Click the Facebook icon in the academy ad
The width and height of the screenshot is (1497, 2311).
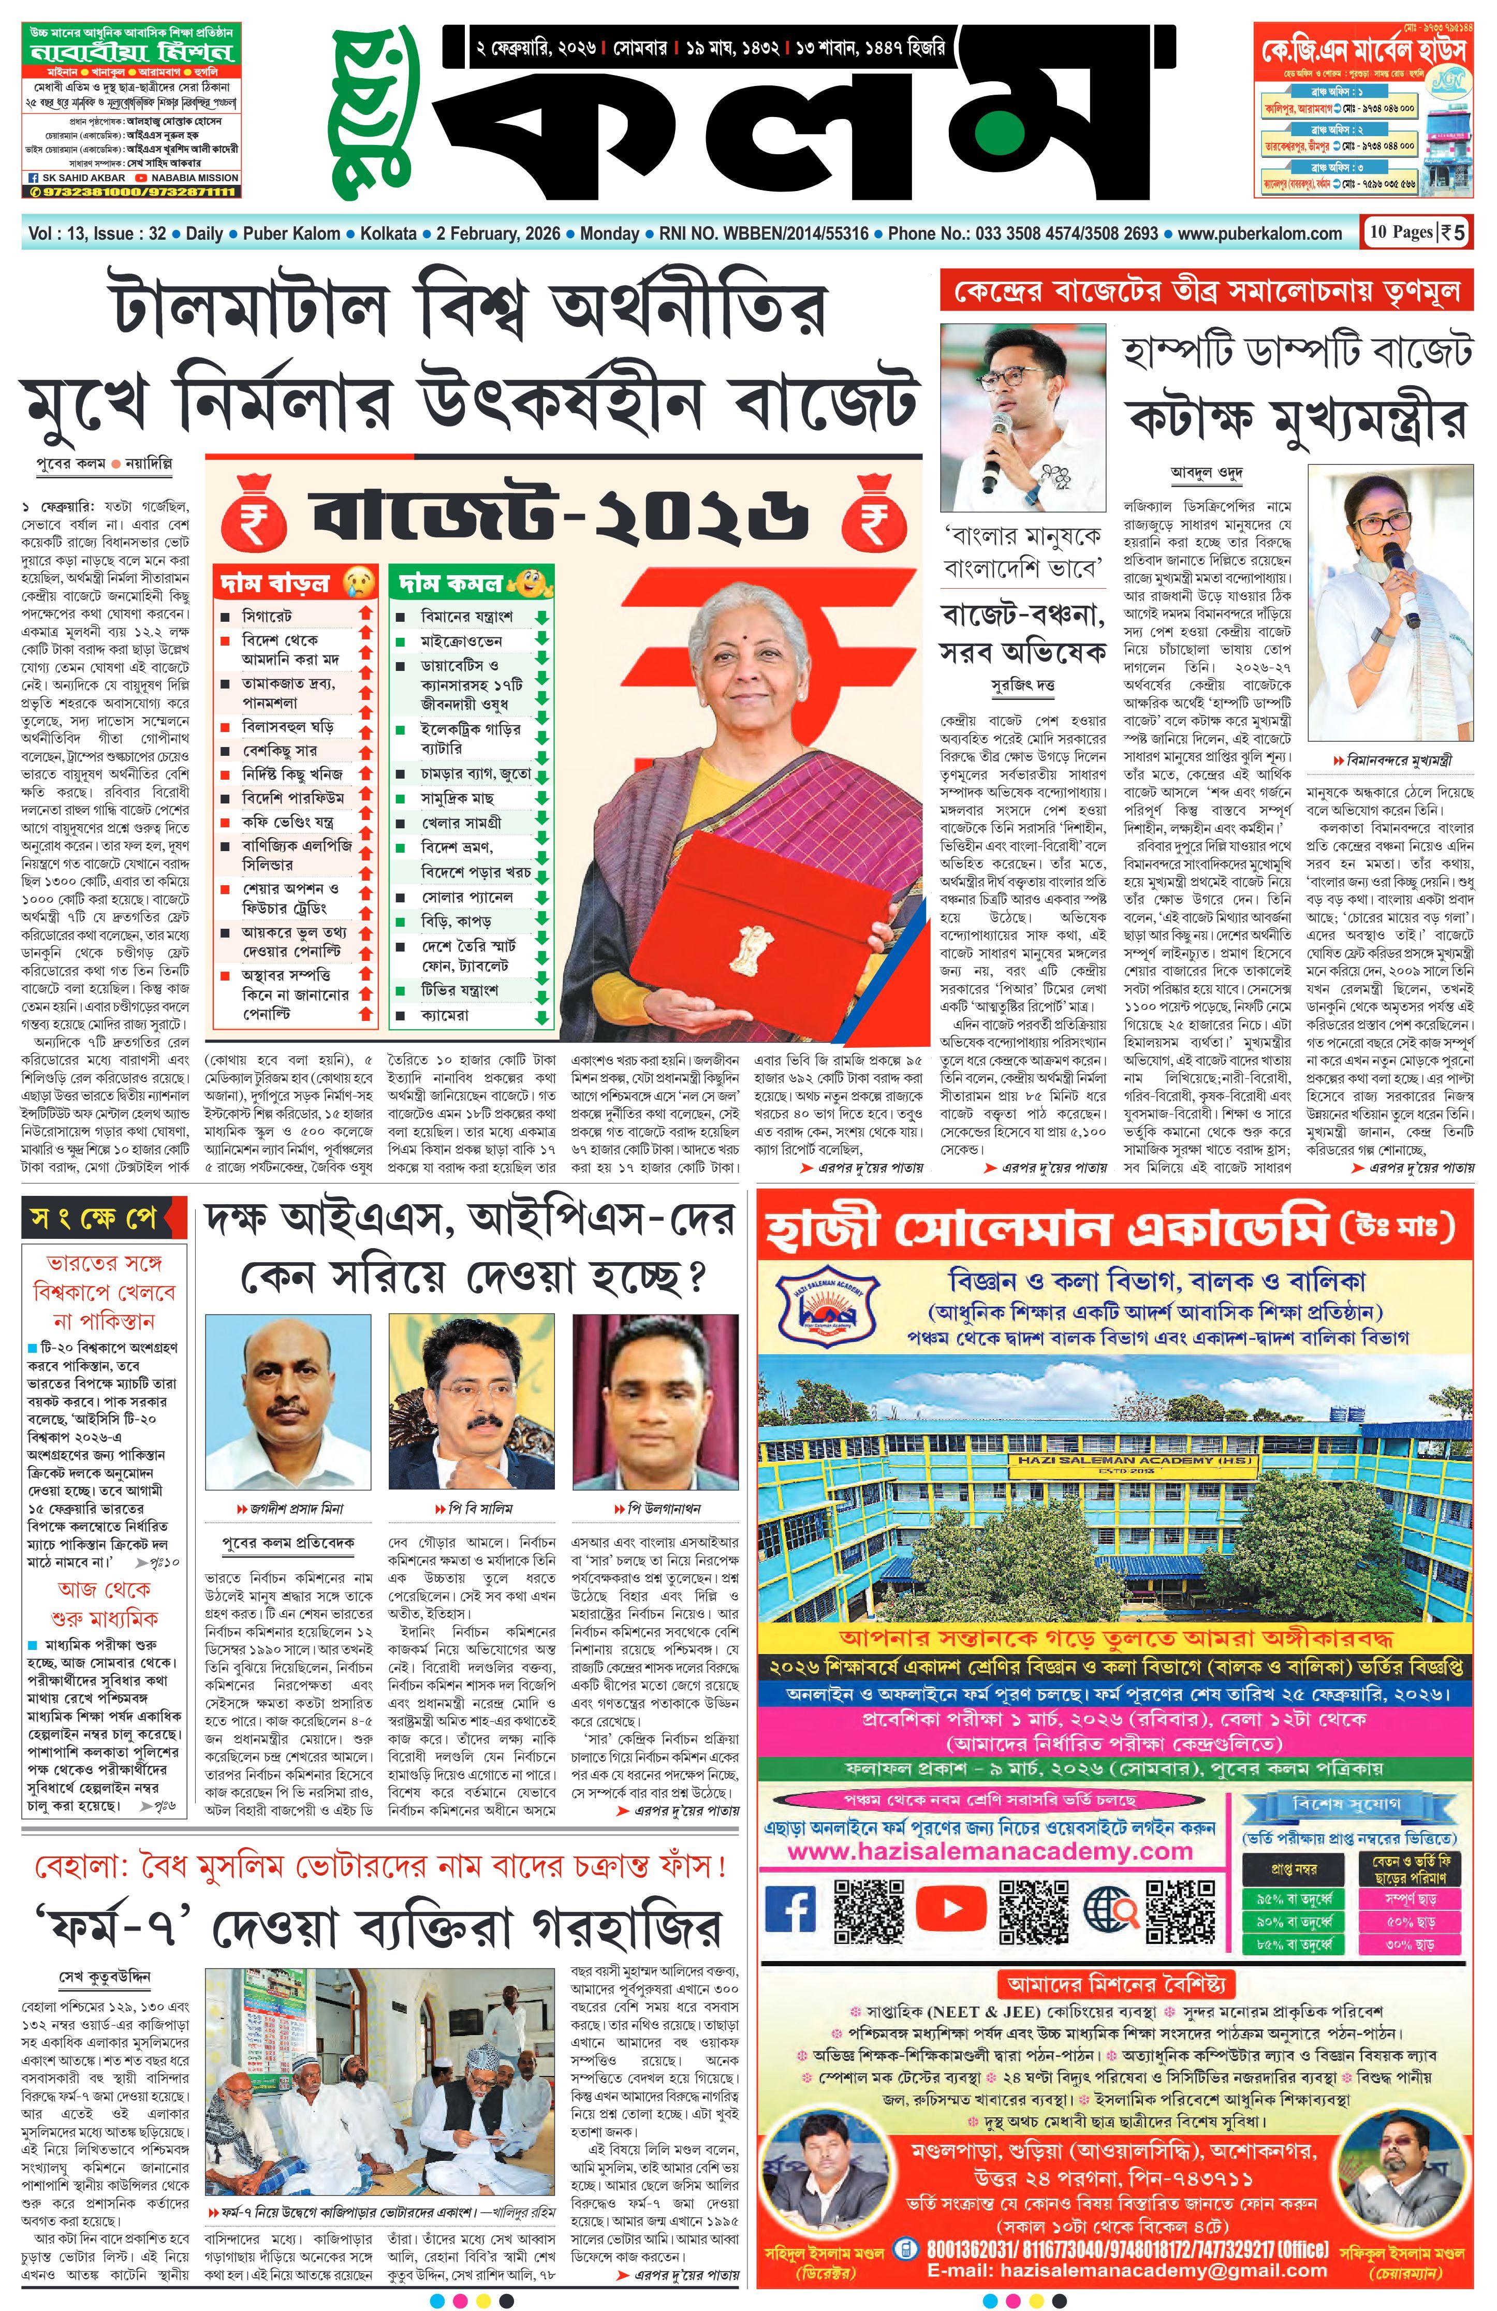[791, 1909]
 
